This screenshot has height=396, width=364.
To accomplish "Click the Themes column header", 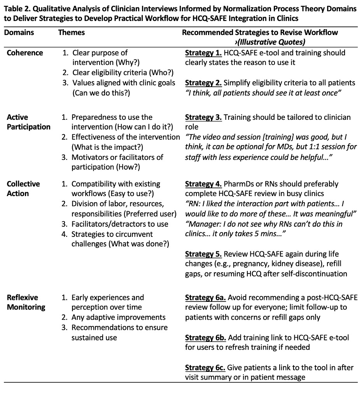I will tap(72, 33).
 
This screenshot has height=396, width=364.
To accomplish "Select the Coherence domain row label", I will tap(25, 53).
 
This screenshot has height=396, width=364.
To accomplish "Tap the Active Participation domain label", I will tap(28, 122).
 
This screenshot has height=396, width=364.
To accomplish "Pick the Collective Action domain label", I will tap(23, 189).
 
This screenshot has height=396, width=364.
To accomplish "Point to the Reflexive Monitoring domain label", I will tap(26, 302).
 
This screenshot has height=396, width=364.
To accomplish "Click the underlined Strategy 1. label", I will tap(203, 53).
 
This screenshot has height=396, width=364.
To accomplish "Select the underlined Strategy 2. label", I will tap(203, 82).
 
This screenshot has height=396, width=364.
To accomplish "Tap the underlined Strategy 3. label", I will tap(203, 117).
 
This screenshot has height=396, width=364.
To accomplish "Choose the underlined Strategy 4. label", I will tap(203, 184).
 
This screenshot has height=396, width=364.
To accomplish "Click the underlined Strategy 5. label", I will tap(203, 254).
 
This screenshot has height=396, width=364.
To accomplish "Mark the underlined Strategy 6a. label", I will tap(205, 298).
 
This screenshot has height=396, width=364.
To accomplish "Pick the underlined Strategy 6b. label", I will tap(205, 337).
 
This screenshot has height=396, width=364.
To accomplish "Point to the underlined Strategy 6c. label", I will tap(205, 367).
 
